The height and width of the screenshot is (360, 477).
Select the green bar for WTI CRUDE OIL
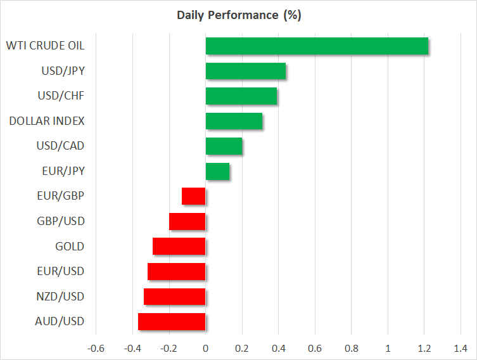tap(317, 46)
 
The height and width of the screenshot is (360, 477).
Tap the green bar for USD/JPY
tap(246, 71)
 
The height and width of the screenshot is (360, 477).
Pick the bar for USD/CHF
tap(241, 96)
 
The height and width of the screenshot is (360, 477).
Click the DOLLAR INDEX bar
tap(234, 121)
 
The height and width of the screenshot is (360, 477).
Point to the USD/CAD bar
tap(224, 146)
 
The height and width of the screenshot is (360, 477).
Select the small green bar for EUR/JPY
tap(217, 171)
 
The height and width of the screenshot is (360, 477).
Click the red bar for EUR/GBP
tap(194, 196)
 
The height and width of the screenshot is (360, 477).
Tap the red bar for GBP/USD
tap(188, 221)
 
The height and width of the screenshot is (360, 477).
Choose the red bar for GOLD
tap(179, 247)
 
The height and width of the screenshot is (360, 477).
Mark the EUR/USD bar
tap(177, 271)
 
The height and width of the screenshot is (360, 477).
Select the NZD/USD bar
tap(175, 297)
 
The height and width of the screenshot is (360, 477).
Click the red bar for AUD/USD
tap(172, 321)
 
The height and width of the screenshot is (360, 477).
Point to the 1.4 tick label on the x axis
tap(461, 348)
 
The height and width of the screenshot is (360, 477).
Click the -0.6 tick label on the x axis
tap(96, 348)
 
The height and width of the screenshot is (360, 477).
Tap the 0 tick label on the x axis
tap(205, 348)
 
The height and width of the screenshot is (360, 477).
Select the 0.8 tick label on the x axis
tap(352, 348)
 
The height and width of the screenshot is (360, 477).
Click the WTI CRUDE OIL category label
tap(44, 46)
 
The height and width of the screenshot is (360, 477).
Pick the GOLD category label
tap(70, 247)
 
